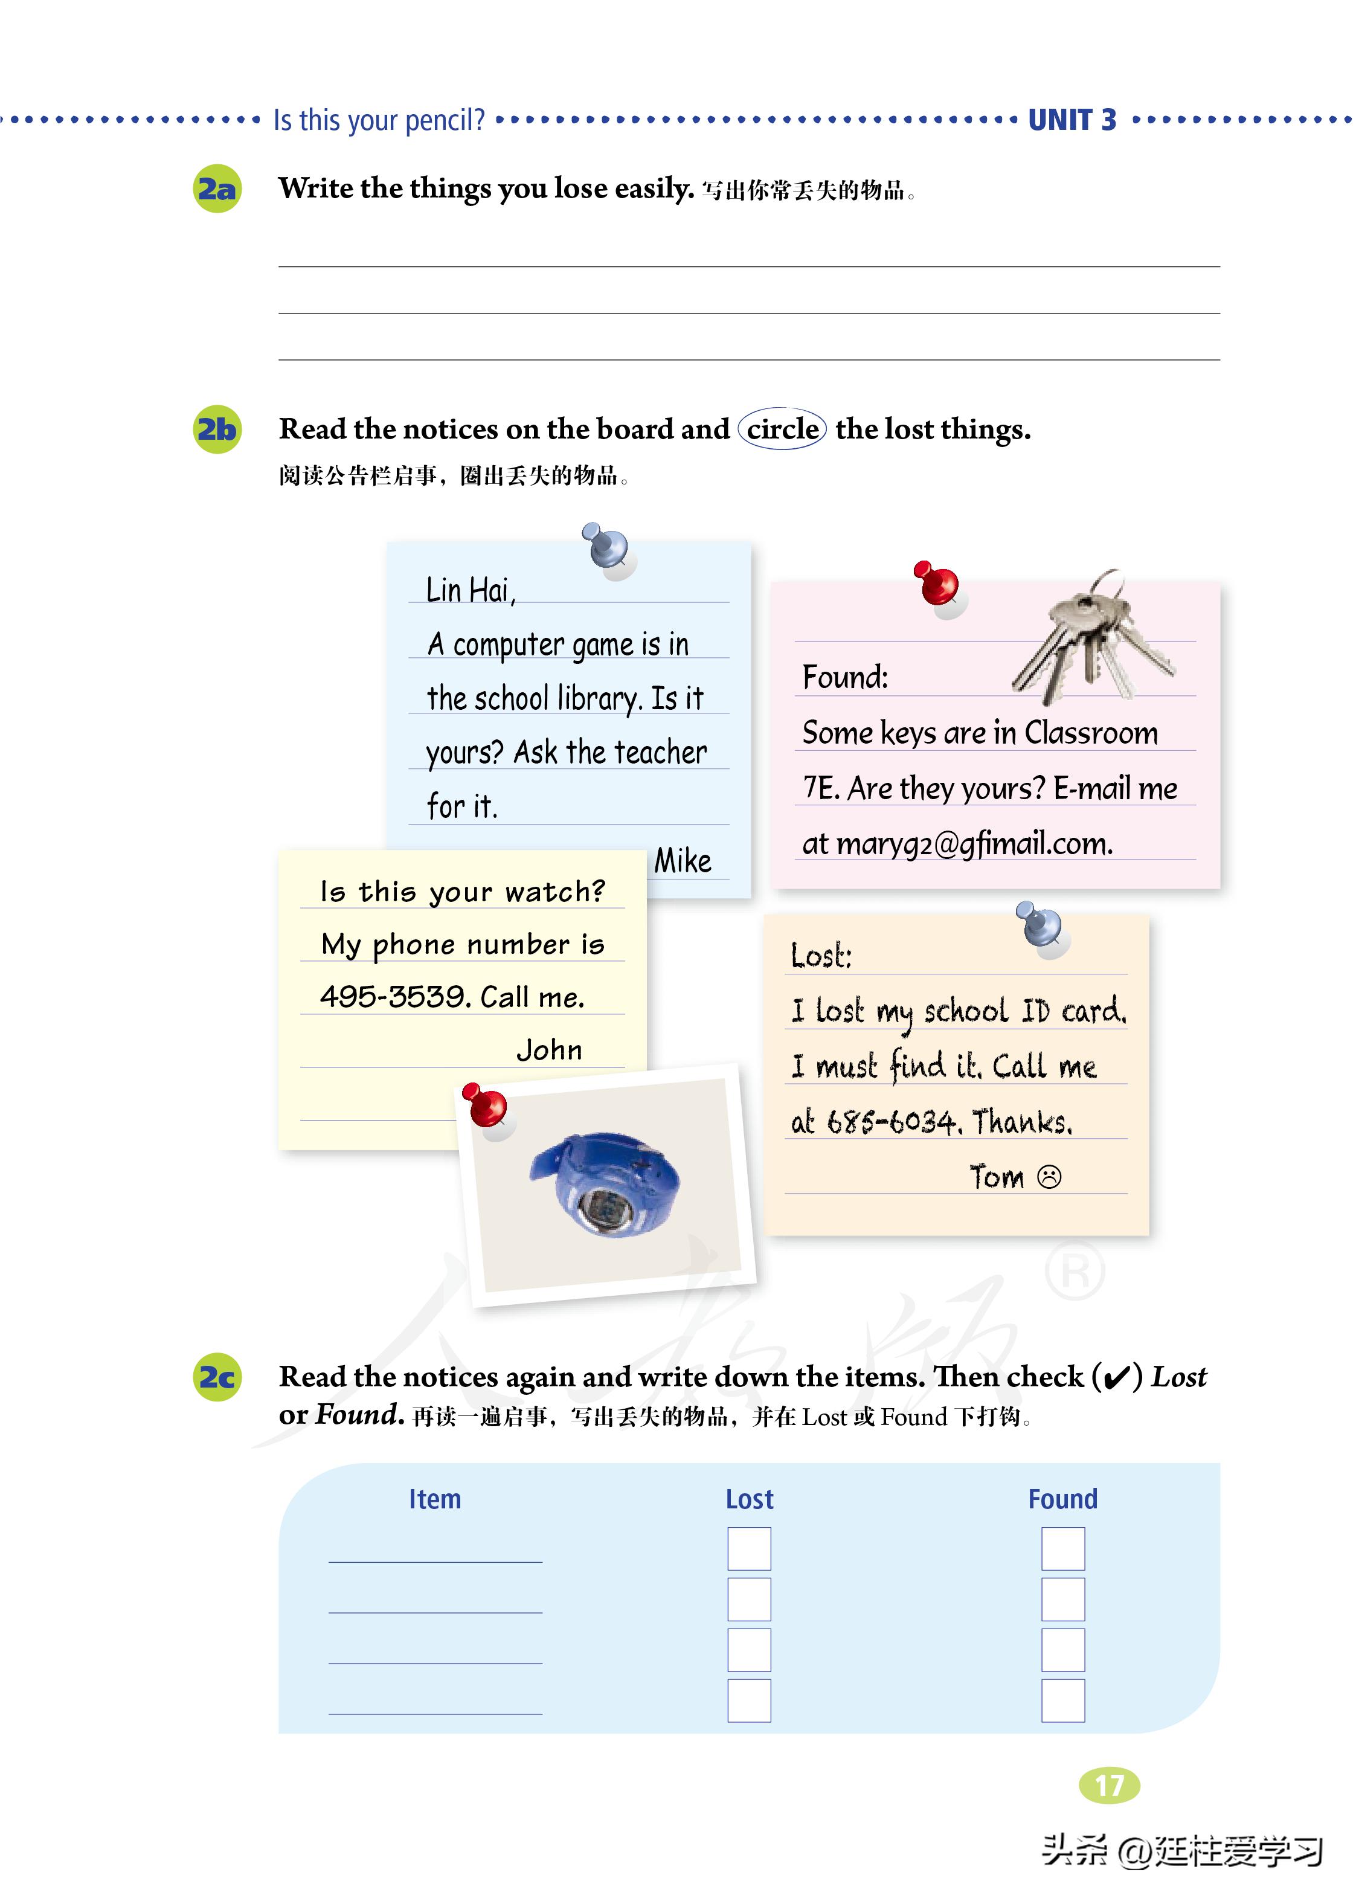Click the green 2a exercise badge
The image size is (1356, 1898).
[217, 190]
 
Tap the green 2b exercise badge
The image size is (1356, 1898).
[217, 429]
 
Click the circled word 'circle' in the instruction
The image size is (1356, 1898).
[782, 429]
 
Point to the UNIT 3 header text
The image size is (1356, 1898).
[1072, 120]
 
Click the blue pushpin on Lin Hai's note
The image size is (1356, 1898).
[608, 547]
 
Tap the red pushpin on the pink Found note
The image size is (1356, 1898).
[937, 584]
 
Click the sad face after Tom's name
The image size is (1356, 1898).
[1049, 1177]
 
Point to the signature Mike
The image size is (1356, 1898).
[682, 861]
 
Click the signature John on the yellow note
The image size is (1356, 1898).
[548, 1050]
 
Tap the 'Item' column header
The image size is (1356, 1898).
[434, 1499]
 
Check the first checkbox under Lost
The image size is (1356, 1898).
[749, 1549]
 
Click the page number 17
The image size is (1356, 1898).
[1109, 1785]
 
